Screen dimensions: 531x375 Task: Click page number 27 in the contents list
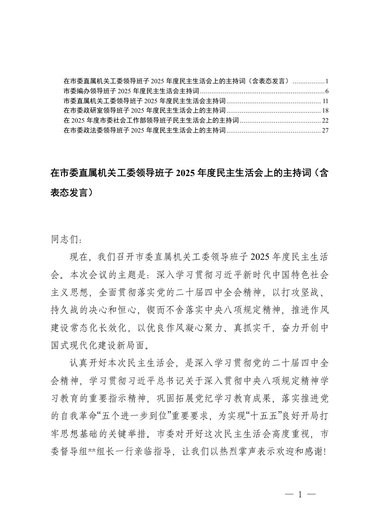tap(324, 131)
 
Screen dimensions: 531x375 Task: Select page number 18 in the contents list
tap(324, 111)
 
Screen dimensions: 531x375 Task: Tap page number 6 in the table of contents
tap(326, 90)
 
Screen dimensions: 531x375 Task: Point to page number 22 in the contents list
tap(324, 121)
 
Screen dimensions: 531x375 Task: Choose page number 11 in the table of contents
tap(325, 101)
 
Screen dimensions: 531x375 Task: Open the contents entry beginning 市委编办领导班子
tap(131, 90)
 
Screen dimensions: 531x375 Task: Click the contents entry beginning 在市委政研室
tap(145, 111)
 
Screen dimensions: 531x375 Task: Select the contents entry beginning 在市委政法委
tap(145, 131)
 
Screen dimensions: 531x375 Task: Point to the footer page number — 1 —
tap(300, 495)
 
